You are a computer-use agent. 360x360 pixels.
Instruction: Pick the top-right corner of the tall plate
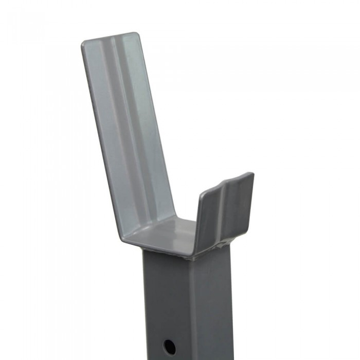(137, 35)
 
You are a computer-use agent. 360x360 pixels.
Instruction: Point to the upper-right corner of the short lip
(251, 175)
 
